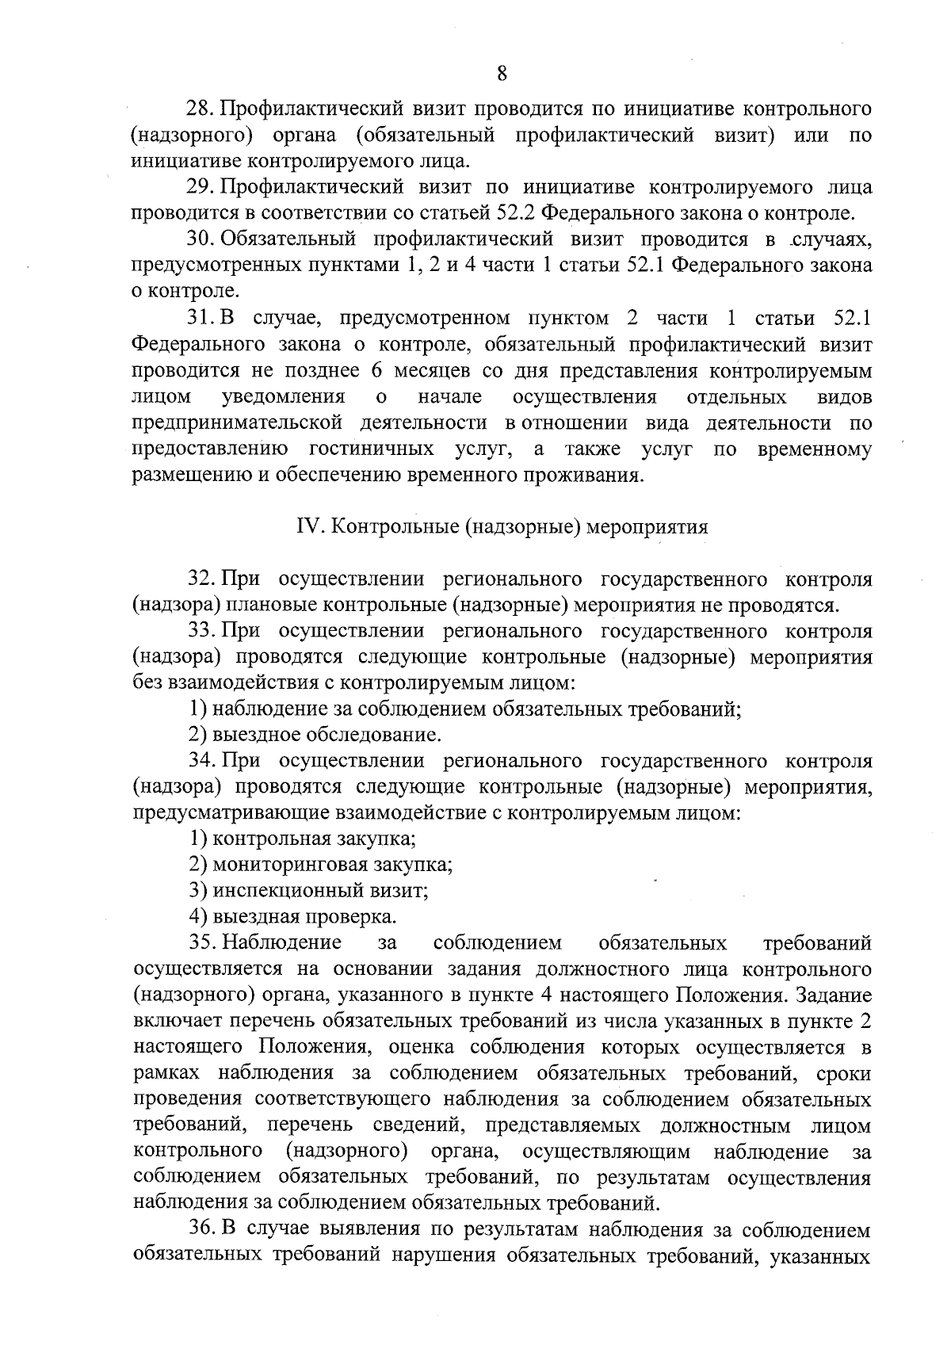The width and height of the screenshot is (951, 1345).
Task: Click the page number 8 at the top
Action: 501,74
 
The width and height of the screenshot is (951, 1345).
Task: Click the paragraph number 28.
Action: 201,109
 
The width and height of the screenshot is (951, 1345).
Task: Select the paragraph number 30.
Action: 201,239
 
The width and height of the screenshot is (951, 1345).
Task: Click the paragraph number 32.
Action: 201,579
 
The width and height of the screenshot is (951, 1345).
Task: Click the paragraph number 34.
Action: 201,761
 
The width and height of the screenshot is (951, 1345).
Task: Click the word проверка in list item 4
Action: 356,917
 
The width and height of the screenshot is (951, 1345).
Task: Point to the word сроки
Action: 843,1074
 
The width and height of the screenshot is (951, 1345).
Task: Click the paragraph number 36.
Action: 201,1230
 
